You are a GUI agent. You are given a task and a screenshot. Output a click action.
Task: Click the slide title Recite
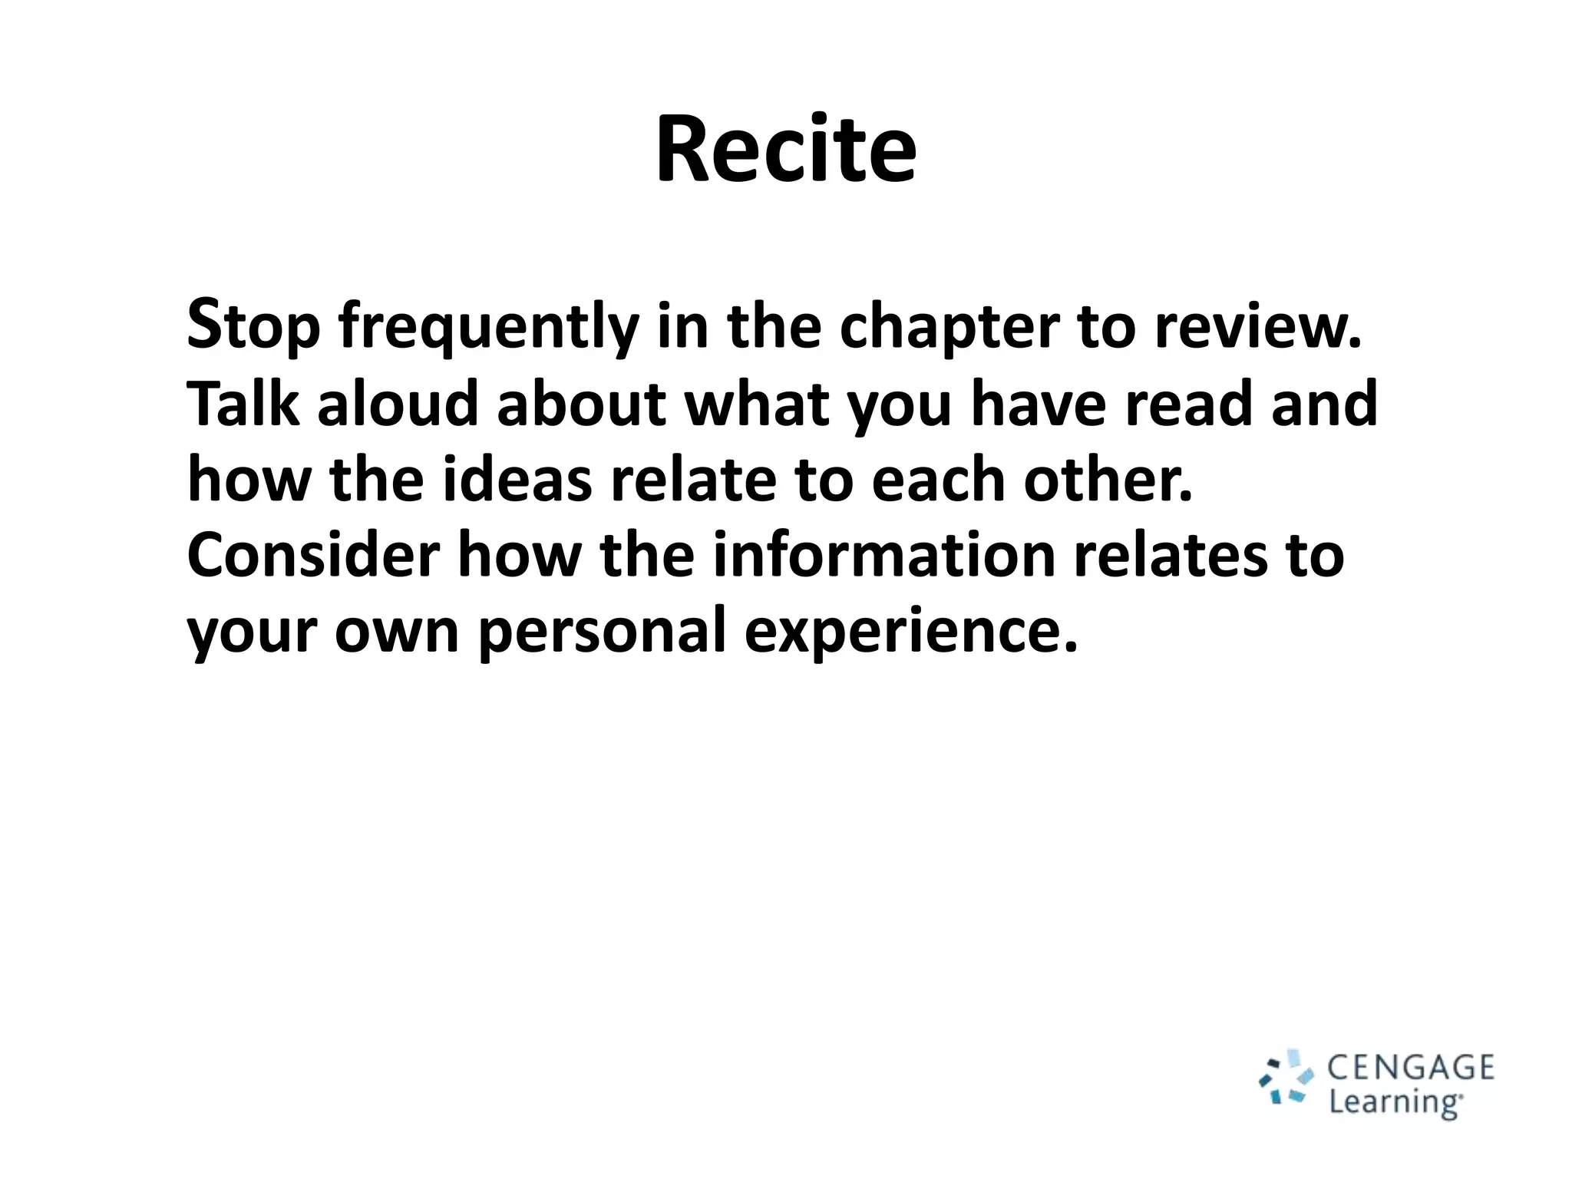coord(785,149)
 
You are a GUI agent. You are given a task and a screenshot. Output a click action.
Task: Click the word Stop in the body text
coord(253,326)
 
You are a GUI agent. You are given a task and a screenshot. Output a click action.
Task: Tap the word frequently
coord(489,326)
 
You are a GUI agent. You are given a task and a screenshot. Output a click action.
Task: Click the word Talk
coord(243,404)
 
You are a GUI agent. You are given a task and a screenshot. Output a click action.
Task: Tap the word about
coord(582,404)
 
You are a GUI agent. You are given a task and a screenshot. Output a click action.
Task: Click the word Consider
coord(314,555)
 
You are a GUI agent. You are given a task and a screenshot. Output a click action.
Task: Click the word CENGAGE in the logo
coord(1411,1068)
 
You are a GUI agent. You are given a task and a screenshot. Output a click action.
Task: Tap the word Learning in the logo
coord(1395,1102)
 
